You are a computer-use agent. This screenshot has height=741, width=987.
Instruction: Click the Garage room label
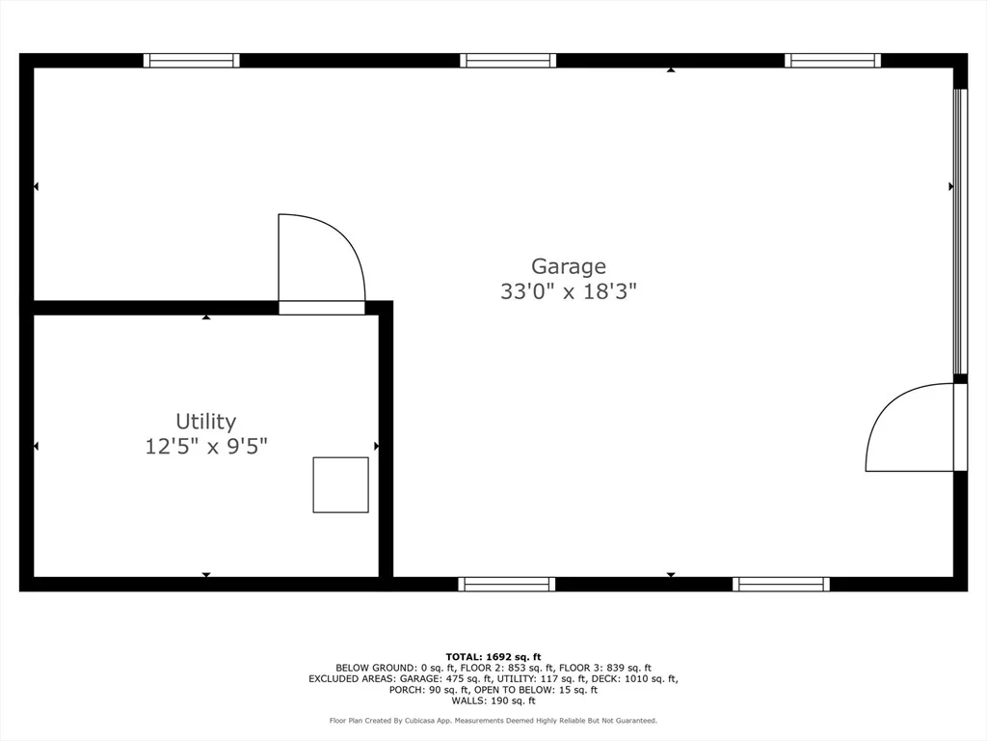[569, 266]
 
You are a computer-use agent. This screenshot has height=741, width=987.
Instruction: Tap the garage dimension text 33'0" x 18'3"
[569, 291]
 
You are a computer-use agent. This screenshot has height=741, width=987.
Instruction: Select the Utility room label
[206, 422]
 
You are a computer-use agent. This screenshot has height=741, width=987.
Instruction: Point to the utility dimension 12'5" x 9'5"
[206, 447]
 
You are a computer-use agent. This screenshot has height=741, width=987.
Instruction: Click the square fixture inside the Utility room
[340, 484]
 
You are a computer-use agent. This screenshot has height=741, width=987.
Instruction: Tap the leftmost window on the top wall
[192, 61]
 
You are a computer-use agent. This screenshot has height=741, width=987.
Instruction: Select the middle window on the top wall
[508, 61]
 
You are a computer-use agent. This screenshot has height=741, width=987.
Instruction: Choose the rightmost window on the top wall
[833, 61]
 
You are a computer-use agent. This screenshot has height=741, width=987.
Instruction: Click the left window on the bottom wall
[507, 584]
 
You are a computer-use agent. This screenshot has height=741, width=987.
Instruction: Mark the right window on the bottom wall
[781, 584]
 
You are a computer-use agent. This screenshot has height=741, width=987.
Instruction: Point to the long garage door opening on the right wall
[960, 232]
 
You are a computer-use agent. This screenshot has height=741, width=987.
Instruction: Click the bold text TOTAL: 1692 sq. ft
[493, 656]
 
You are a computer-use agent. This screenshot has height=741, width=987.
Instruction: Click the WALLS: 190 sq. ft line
[493, 700]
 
